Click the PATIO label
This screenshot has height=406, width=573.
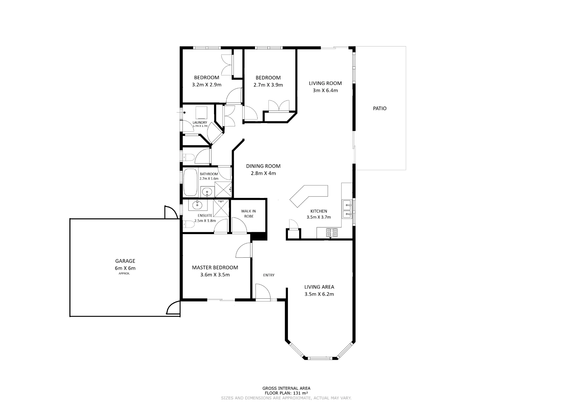click(380, 108)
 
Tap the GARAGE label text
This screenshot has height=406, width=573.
click(125, 261)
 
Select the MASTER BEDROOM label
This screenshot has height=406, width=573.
click(215, 267)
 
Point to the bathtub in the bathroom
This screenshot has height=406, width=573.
click(190, 182)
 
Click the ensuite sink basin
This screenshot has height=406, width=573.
click(197, 205)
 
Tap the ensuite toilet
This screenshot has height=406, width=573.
click(188, 224)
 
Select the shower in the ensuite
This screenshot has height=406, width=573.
click(221, 208)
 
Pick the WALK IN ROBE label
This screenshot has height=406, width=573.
click(249, 214)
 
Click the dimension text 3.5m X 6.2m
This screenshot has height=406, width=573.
click(319, 294)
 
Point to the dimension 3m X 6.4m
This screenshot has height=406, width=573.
click(325, 90)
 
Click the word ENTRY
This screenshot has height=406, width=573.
click(269, 275)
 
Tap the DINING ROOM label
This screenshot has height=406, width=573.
click(263, 166)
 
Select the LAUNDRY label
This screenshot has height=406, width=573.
click(200, 123)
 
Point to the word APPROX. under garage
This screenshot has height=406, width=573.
click(124, 274)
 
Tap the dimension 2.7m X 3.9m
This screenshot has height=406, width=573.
click(268, 85)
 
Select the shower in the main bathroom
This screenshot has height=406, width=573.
click(223, 189)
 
